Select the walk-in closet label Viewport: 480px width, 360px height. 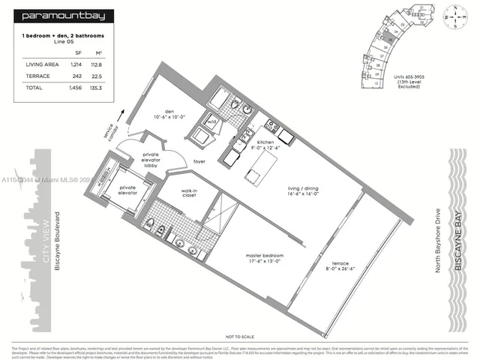coord(189,193)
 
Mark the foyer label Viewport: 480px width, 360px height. coord(199,161)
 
